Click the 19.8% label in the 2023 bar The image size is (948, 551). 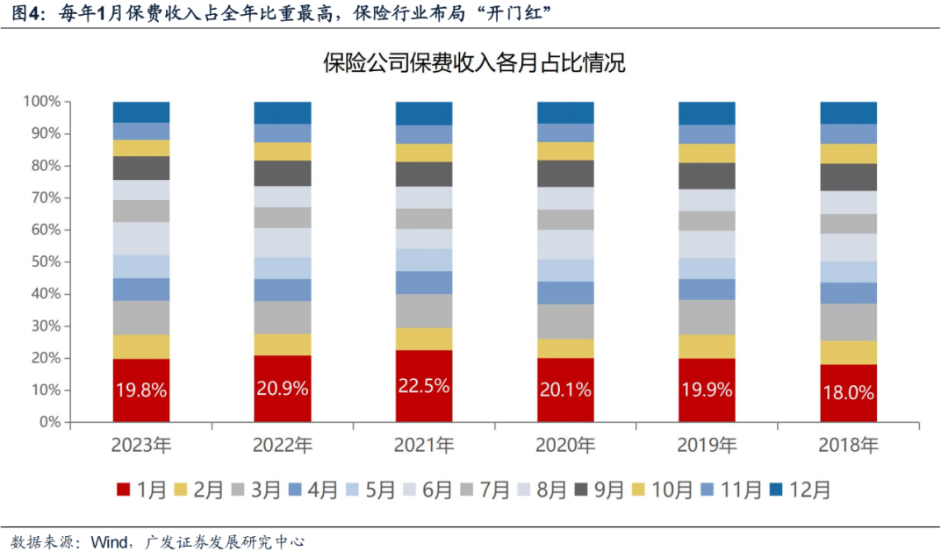[x=141, y=390]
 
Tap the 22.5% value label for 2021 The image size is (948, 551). [x=424, y=385]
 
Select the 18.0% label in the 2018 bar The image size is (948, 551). [x=848, y=393]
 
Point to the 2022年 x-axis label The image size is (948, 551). [x=283, y=446]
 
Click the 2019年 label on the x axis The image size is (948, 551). [x=707, y=446]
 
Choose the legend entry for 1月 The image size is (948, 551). [x=141, y=490]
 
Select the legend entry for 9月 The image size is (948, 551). [x=601, y=490]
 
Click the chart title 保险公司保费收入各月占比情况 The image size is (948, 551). [x=474, y=62]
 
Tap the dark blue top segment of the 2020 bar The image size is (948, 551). [x=565, y=112]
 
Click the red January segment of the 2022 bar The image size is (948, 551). [x=283, y=389]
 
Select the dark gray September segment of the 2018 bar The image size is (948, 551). [x=848, y=177]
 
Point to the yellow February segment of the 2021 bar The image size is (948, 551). [x=424, y=339]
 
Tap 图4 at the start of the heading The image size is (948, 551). [x=25, y=12]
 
